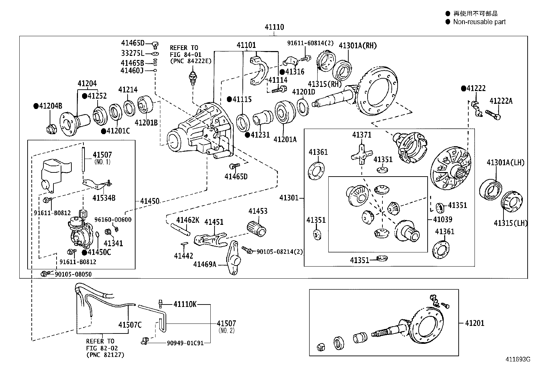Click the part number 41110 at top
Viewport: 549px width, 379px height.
click(274, 27)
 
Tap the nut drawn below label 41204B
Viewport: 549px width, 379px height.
click(50, 129)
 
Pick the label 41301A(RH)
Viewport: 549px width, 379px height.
click(358, 46)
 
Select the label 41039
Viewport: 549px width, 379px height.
click(442, 219)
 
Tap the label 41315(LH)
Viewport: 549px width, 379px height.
click(510, 223)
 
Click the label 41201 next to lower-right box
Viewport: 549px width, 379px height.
click(475, 323)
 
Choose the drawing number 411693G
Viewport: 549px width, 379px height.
click(518, 359)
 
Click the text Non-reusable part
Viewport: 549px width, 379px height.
click(479, 22)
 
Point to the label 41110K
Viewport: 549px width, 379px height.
click(185, 304)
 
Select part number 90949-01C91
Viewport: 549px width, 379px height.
click(185, 343)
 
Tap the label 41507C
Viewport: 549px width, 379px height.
click(130, 325)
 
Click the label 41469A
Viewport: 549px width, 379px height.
click(205, 264)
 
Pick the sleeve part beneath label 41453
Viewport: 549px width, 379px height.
click(257, 229)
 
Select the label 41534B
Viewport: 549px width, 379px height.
click(104, 198)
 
